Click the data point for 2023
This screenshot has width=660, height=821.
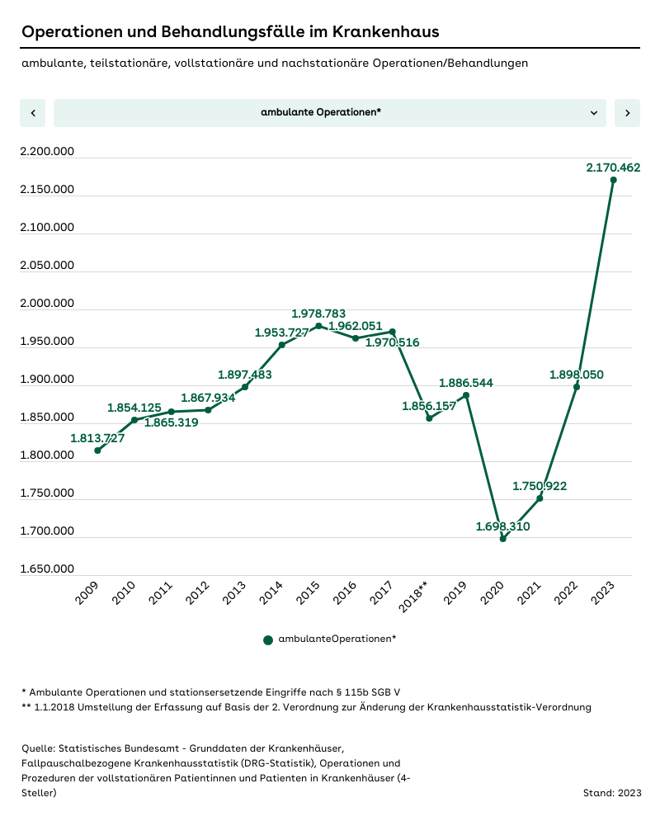pos(613,180)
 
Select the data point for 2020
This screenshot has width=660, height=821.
pos(503,539)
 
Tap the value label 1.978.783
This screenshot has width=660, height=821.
pos(318,314)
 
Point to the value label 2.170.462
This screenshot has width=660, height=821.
pos(613,168)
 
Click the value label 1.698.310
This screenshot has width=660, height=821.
pos(502,526)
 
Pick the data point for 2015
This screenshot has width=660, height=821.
pos(318,326)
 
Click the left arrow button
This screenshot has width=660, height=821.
pos(33,113)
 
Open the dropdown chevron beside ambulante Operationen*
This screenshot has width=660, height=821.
pos(594,113)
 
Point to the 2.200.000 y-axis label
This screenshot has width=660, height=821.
pos(46,152)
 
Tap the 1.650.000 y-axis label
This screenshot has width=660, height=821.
pos(46,569)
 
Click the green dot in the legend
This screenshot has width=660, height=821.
pos(268,639)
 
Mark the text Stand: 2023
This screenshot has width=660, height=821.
pos(611,793)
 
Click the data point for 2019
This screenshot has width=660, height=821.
pos(466,395)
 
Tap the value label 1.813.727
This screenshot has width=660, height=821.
pos(97,438)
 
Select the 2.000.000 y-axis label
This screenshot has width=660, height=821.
pos(46,304)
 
